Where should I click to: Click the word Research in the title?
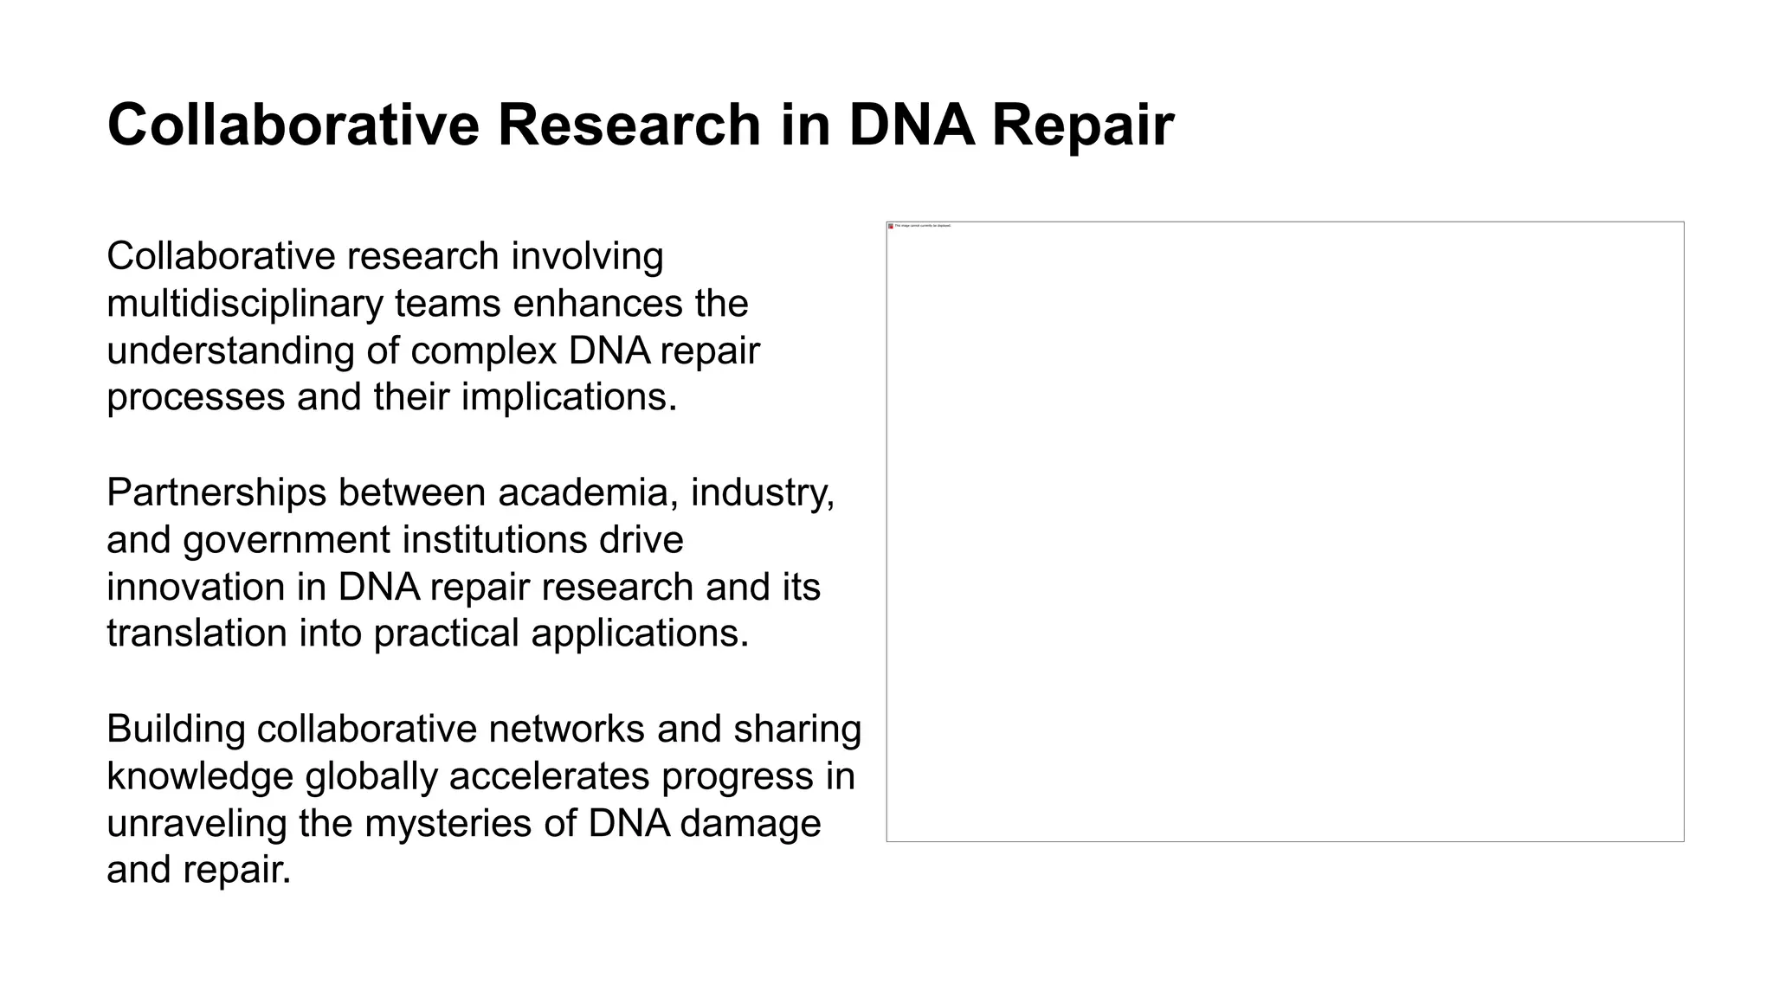pos(629,125)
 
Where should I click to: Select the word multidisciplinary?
pos(244,304)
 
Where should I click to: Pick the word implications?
pos(569,397)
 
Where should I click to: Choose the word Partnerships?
pos(216,492)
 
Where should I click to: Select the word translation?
pos(197,633)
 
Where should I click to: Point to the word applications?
pos(640,633)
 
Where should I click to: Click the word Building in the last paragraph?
pos(176,729)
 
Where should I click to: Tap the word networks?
pos(566,729)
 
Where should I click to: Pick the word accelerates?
pos(549,775)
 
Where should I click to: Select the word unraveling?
pos(197,822)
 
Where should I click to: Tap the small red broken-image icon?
pos(891,226)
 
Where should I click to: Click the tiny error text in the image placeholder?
pos(923,226)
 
